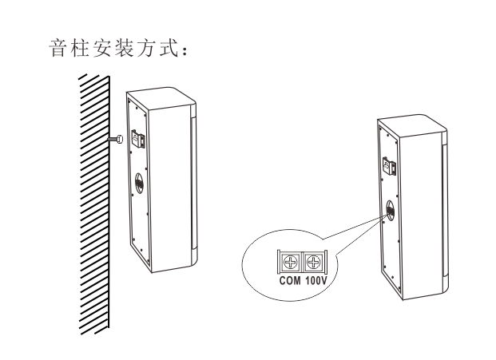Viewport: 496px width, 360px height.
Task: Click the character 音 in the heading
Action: pyautogui.click(x=58, y=49)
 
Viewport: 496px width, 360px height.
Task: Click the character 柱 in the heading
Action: pyautogui.click(x=80, y=49)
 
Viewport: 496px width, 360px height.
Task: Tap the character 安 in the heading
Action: pyautogui.click(x=102, y=49)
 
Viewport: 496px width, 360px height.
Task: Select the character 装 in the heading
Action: pyautogui.click(x=124, y=49)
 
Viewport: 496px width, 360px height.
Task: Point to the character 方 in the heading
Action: pyautogui.click(x=146, y=49)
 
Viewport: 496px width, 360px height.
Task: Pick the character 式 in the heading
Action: pyautogui.click(x=168, y=49)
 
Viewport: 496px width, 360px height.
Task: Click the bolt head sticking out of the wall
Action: pyautogui.click(x=119, y=139)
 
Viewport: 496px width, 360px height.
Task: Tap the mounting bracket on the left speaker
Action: pyautogui.click(x=138, y=138)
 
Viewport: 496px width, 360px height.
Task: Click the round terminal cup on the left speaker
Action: pyautogui.click(x=140, y=183)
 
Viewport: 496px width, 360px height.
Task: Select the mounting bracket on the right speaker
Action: pyautogui.click(x=389, y=165)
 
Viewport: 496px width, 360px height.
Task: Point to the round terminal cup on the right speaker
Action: pyautogui.click(x=390, y=209)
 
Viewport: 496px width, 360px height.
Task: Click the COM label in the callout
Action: pyautogui.click(x=290, y=280)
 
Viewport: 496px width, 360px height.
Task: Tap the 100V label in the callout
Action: pyautogui.click(x=315, y=280)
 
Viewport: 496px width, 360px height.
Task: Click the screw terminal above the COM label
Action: pyautogui.click(x=291, y=263)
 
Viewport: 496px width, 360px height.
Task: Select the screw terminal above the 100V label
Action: pyautogui.click(x=313, y=263)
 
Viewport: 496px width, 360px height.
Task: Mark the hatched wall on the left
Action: pyautogui.click(x=94, y=204)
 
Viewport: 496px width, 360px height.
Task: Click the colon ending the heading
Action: pyautogui.click(x=185, y=52)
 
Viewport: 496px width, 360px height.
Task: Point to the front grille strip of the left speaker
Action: pyautogui.click(x=194, y=184)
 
